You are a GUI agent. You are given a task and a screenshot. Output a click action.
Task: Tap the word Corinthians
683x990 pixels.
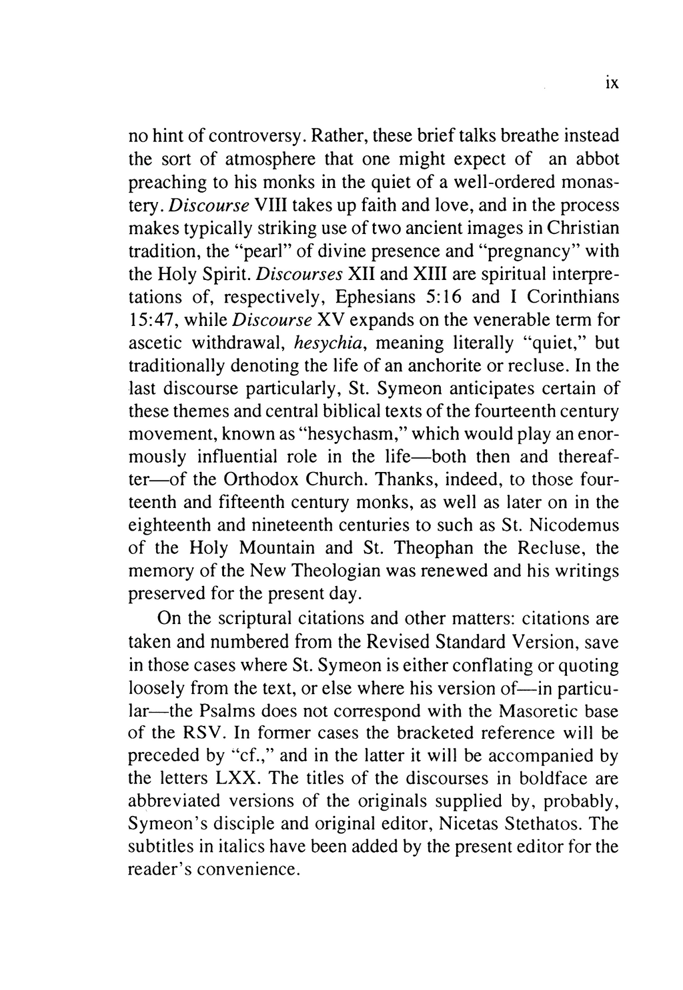572,297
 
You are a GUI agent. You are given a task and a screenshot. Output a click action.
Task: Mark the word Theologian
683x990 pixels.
372,571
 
